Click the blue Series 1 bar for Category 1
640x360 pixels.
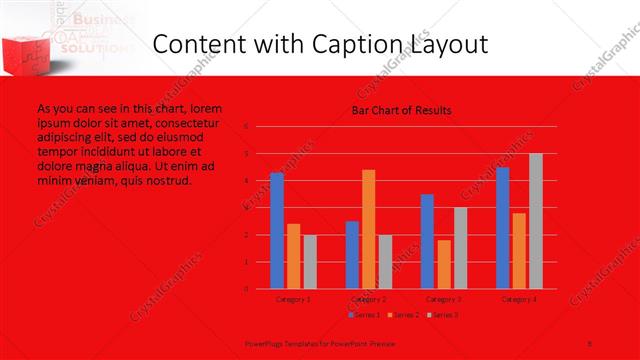(x=277, y=230)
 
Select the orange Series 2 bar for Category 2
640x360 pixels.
(x=369, y=229)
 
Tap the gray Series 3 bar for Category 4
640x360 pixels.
(x=536, y=221)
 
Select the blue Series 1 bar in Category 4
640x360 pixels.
(x=502, y=228)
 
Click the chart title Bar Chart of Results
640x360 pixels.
(x=401, y=110)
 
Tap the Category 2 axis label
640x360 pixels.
(x=369, y=299)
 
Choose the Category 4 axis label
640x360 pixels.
(x=519, y=299)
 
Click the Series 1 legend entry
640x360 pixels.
(x=366, y=315)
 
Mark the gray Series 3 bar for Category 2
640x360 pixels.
(x=385, y=262)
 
